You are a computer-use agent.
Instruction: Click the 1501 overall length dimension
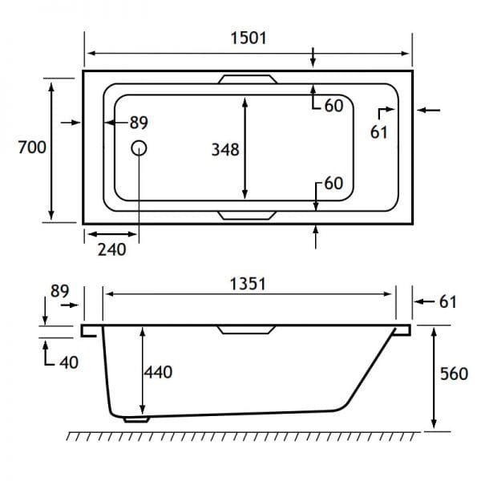tap(249, 38)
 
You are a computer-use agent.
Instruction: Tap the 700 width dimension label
tap(32, 148)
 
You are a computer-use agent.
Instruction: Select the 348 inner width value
tap(225, 150)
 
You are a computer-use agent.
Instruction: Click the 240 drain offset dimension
tap(112, 249)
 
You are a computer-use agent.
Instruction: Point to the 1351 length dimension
tap(248, 284)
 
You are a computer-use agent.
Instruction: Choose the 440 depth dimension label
tap(158, 372)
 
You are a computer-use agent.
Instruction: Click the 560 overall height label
tap(454, 374)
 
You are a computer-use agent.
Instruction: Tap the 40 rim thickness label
tap(69, 362)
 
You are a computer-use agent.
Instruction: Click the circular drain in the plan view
tap(139, 148)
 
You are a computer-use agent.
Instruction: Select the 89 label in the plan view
tap(139, 123)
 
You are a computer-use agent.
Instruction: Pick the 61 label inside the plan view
tap(379, 132)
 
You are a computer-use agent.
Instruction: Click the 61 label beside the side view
tap(448, 302)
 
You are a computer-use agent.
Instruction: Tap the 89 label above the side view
tap(60, 291)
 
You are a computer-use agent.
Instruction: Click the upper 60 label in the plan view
tap(333, 106)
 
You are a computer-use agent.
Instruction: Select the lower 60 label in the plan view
tap(333, 183)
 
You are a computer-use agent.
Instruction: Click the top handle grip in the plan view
tap(248, 79)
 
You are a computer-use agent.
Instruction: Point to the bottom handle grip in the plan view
tap(248, 216)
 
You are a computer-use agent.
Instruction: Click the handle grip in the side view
tap(247, 330)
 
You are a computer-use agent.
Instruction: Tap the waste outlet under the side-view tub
tap(136, 419)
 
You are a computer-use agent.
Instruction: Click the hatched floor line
tap(243, 436)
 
